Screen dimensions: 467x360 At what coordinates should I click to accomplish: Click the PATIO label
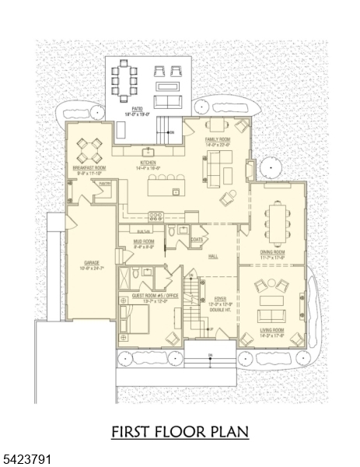pos(137,110)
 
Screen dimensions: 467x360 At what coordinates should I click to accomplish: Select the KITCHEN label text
pos(148,163)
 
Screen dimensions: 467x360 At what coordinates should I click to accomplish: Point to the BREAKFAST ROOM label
pos(88,167)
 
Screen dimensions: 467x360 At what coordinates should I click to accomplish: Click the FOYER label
pos(220,298)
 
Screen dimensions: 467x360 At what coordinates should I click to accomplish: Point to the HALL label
pos(212,255)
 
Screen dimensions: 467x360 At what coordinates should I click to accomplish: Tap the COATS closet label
pos(197,240)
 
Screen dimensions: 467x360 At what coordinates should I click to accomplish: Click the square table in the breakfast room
pos(93,146)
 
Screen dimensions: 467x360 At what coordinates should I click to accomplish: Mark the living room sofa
pos(271,315)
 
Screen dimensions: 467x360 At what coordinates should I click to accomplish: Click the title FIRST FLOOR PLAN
pos(180,431)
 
